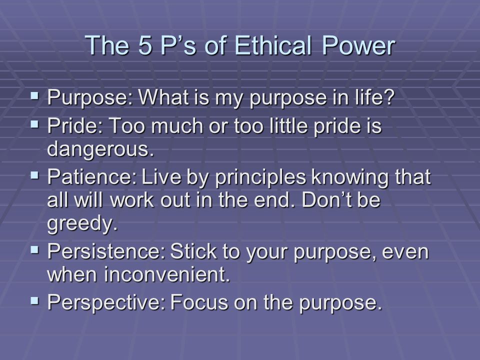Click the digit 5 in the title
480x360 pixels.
click(145, 45)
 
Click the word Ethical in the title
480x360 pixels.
click(273, 45)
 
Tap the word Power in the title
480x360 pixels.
click(358, 45)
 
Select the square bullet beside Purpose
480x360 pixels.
click(35, 96)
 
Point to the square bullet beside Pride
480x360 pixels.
click(35, 124)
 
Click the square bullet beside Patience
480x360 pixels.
click(35, 175)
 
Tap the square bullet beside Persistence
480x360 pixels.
click(35, 250)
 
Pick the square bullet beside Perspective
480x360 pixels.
click(35, 300)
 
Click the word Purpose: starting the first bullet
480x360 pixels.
click(90, 98)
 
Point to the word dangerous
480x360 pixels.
click(100, 149)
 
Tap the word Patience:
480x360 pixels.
click(92, 176)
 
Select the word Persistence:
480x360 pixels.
click(106, 251)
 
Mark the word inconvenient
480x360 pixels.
click(167, 274)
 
